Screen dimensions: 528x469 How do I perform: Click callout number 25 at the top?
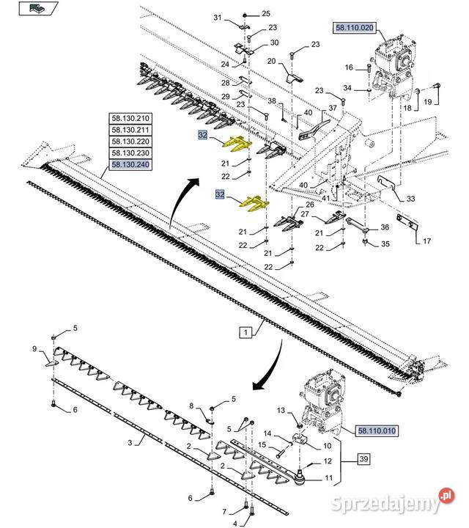point(265,14)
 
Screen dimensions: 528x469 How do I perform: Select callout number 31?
point(217,18)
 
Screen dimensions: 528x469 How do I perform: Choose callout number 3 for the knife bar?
point(130,443)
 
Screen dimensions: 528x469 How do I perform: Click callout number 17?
point(426,241)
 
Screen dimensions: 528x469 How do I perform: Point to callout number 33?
point(410,199)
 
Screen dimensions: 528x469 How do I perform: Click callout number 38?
point(271,100)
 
